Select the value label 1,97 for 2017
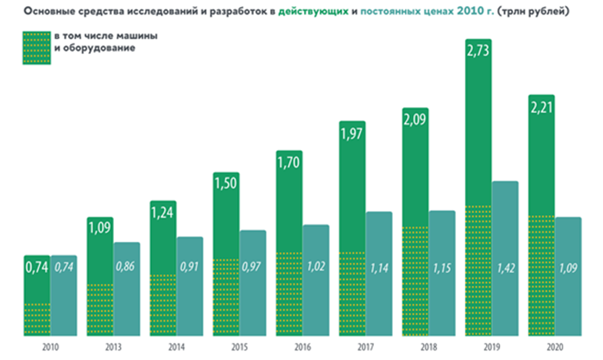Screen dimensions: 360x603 [352, 133]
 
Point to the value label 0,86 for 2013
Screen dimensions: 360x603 [127, 266]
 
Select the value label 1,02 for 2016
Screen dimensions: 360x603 [316, 266]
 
